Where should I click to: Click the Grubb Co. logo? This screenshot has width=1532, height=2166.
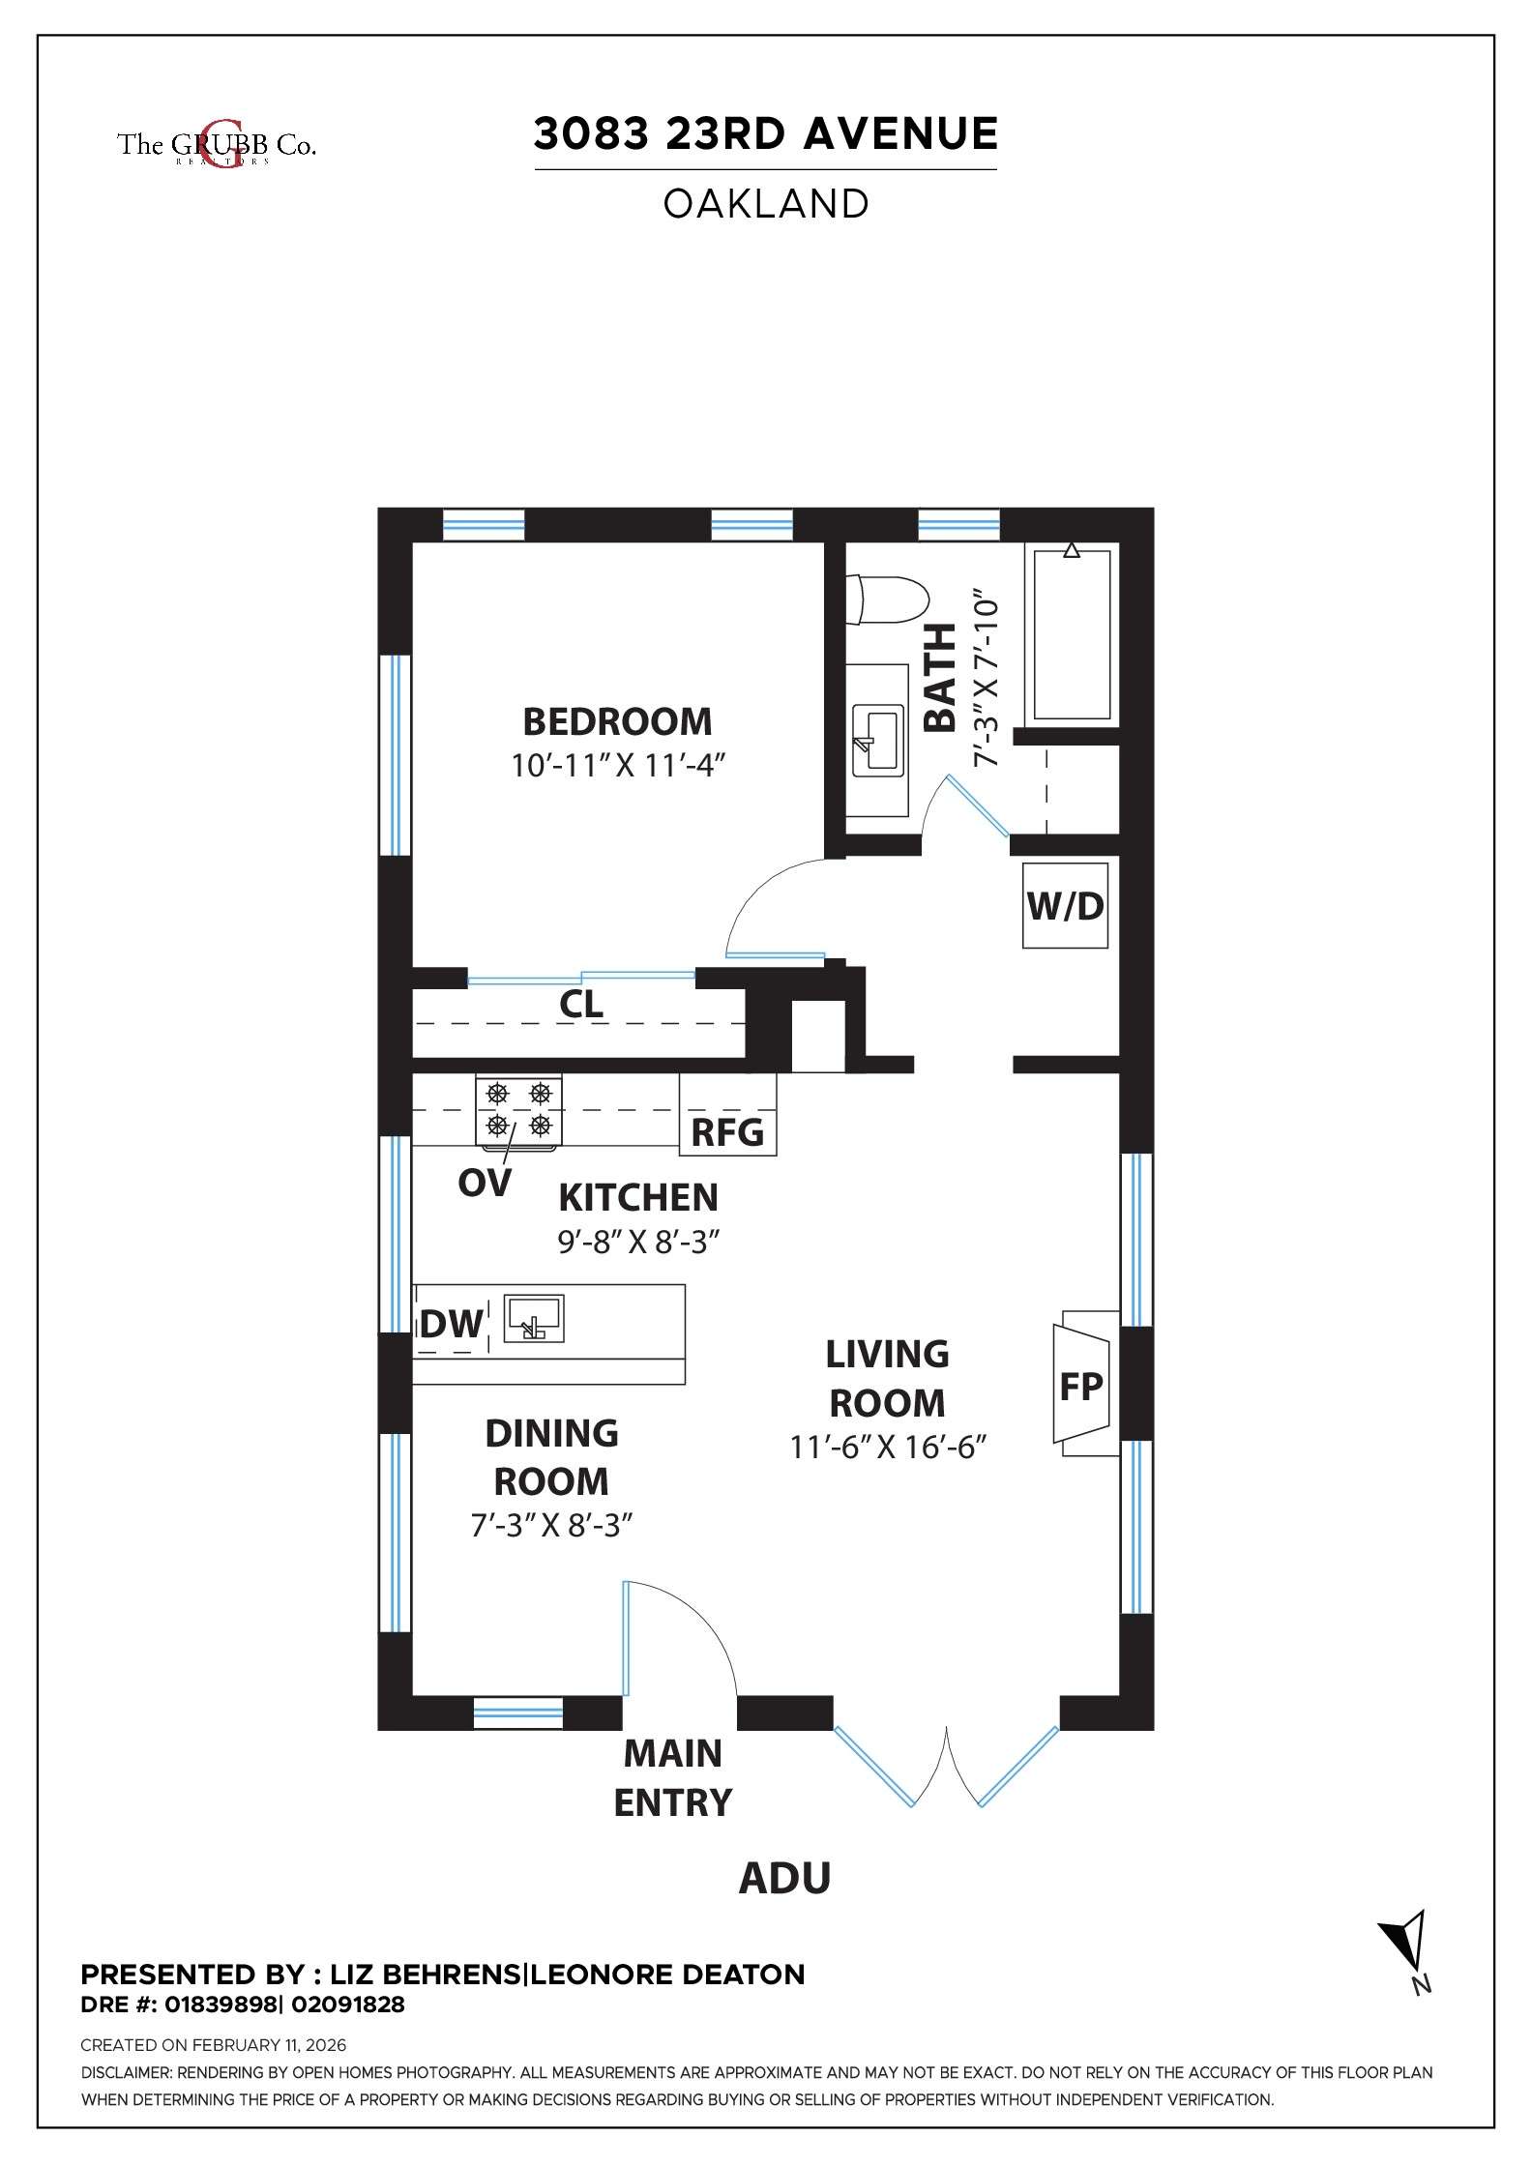pos(217,145)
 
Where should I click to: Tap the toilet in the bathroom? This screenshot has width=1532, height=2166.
pos(885,600)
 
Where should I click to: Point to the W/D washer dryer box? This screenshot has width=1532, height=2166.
pos(1065,906)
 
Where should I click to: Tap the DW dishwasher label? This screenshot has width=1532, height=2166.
pos(451,1323)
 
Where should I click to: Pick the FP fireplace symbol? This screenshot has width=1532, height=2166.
pos(1080,1387)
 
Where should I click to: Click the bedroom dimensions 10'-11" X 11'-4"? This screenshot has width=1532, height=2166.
pos(618,766)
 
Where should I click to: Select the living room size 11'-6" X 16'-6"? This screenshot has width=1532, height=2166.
pos(887,1448)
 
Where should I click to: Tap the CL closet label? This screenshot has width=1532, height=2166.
pos(581,1004)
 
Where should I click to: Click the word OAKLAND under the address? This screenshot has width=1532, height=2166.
pos(766,204)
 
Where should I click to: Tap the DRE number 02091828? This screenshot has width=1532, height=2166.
pos(348,2005)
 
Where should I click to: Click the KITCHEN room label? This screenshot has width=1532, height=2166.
pos(638,1197)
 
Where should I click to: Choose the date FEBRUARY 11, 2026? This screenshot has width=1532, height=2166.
pos(269,2045)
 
